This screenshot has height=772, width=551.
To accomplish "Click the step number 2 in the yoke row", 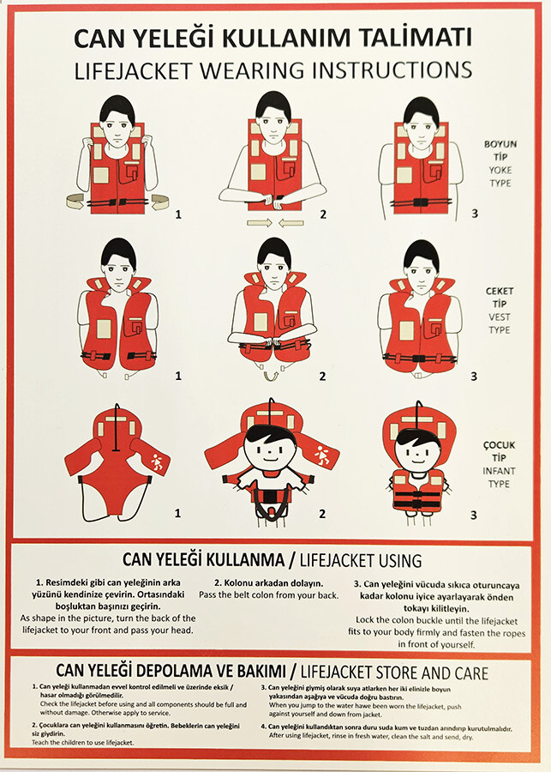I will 323,213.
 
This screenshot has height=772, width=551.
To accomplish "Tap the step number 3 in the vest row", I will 474,376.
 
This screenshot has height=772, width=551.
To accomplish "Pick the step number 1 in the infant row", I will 177,514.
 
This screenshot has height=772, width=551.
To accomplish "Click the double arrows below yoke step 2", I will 274,223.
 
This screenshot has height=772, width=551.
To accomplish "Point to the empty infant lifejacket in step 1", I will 117,463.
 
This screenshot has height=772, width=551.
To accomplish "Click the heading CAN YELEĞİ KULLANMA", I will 201,560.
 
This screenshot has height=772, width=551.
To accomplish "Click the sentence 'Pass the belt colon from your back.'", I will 268,594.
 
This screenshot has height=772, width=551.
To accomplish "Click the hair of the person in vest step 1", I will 117,251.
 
